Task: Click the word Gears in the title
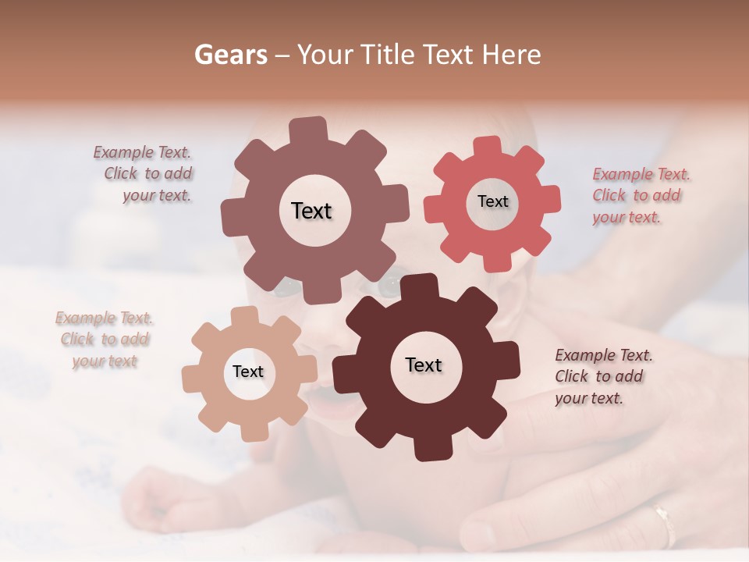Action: (230, 55)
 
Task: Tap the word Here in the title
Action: (511, 55)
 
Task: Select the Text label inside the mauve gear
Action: (311, 211)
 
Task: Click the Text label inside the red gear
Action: (492, 201)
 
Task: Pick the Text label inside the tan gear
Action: (248, 372)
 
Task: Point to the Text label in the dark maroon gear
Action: (424, 365)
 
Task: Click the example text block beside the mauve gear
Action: (144, 174)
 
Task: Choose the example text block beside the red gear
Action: (640, 196)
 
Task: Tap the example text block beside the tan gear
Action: (104, 340)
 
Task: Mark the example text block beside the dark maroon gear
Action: (602, 376)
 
